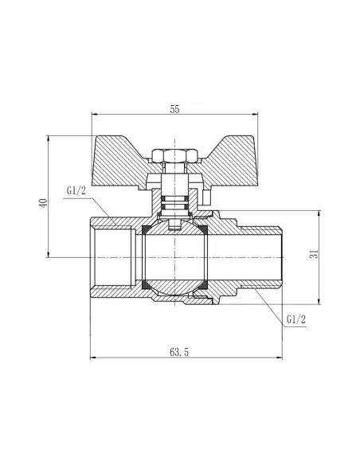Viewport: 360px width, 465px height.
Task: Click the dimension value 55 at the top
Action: point(174,111)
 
